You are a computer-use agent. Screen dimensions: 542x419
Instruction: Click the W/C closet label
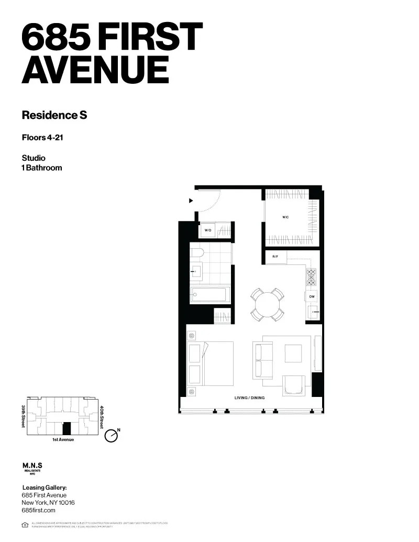pyautogui.click(x=286, y=217)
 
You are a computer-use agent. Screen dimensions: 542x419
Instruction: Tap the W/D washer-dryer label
pyautogui.click(x=207, y=230)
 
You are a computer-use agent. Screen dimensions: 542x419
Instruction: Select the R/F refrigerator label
pyautogui.click(x=275, y=257)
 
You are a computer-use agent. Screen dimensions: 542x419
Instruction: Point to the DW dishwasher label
pyautogui.click(x=311, y=296)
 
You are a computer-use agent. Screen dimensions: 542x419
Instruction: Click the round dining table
pyautogui.click(x=267, y=303)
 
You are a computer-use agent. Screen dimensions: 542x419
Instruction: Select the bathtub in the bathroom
pyautogui.click(x=210, y=294)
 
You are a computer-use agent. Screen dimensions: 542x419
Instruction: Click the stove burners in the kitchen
pyautogui.click(x=311, y=276)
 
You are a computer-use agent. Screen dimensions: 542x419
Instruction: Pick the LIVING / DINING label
pyautogui.click(x=249, y=398)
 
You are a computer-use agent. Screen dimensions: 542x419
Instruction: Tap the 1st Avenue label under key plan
pyautogui.click(x=63, y=439)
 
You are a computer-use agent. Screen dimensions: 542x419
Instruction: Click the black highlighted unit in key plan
pyautogui.click(x=67, y=428)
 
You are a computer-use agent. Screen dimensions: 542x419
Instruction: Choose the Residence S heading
pyautogui.click(x=54, y=115)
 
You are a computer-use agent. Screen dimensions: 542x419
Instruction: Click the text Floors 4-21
pyautogui.click(x=42, y=138)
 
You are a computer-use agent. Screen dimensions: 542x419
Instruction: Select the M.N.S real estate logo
pyautogui.click(x=32, y=467)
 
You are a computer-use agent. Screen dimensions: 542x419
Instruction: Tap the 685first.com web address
pyautogui.click(x=38, y=510)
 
